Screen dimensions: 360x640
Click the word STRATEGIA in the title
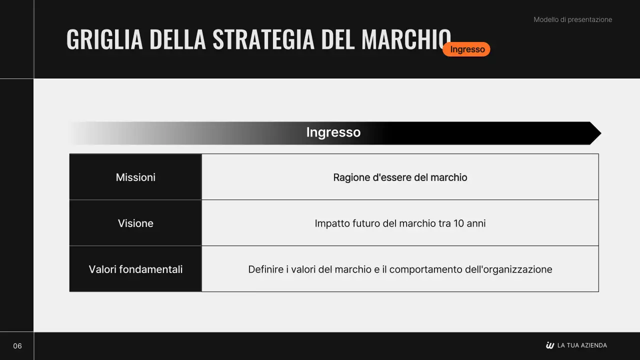pos(263,39)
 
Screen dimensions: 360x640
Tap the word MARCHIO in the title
pos(406,39)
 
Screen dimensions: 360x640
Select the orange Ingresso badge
pos(466,49)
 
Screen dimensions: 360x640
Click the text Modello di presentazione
pos(572,19)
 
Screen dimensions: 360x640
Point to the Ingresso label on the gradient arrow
pos(333,132)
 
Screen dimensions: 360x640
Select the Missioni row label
pos(135,177)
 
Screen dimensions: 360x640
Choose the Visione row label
pos(135,223)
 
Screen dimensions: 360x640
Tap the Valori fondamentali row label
pos(135,269)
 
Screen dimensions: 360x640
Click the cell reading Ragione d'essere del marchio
pos(400,177)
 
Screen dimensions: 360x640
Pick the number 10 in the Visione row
pos(458,223)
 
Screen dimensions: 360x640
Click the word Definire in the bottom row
pos(265,269)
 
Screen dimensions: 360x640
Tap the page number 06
pos(17,346)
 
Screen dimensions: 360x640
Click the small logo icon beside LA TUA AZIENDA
pos(550,345)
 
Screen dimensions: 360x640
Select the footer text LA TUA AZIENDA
pos(582,345)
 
